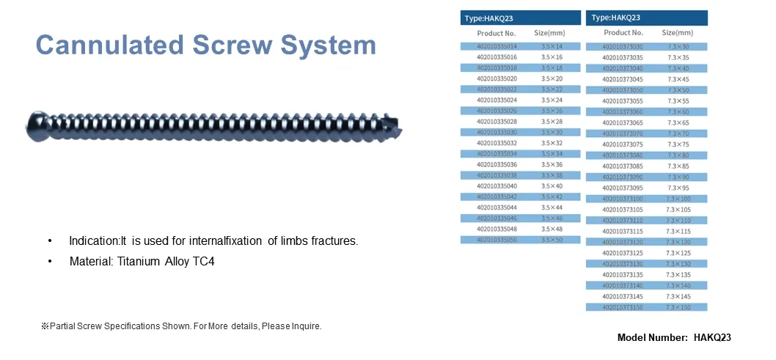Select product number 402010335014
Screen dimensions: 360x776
pyautogui.click(x=497, y=46)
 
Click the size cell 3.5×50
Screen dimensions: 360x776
pyautogui.click(x=552, y=240)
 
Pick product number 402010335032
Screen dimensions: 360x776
pyautogui.click(x=497, y=143)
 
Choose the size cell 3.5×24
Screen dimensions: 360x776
pyautogui.click(x=552, y=100)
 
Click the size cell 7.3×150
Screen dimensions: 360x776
pyautogui.click(x=678, y=307)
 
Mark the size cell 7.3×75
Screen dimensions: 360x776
pyautogui.click(x=678, y=144)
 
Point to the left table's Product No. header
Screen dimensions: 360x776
pyautogui.click(x=497, y=33)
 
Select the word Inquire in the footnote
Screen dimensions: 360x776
pyautogui.click(x=306, y=326)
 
